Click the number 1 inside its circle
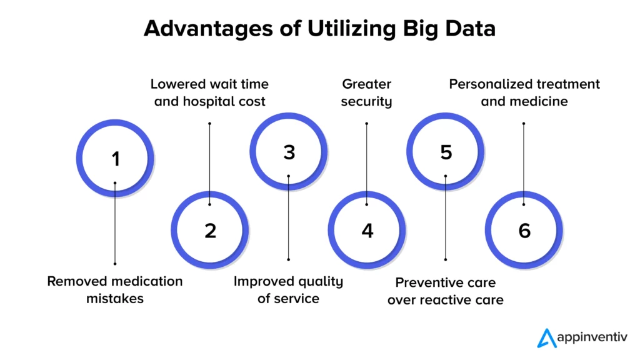tap(116, 159)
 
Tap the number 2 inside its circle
tap(210, 231)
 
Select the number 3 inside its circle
tap(288, 152)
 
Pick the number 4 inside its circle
tap(367, 231)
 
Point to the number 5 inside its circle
tap(446, 152)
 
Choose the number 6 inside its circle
tap(524, 231)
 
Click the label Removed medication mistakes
tap(115, 289)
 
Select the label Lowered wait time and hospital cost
tap(210, 92)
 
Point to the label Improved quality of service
tap(288, 289)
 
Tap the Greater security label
tap(366, 92)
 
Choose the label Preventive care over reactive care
tap(445, 291)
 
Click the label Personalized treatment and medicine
tap(524, 92)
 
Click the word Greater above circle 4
tap(366, 84)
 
